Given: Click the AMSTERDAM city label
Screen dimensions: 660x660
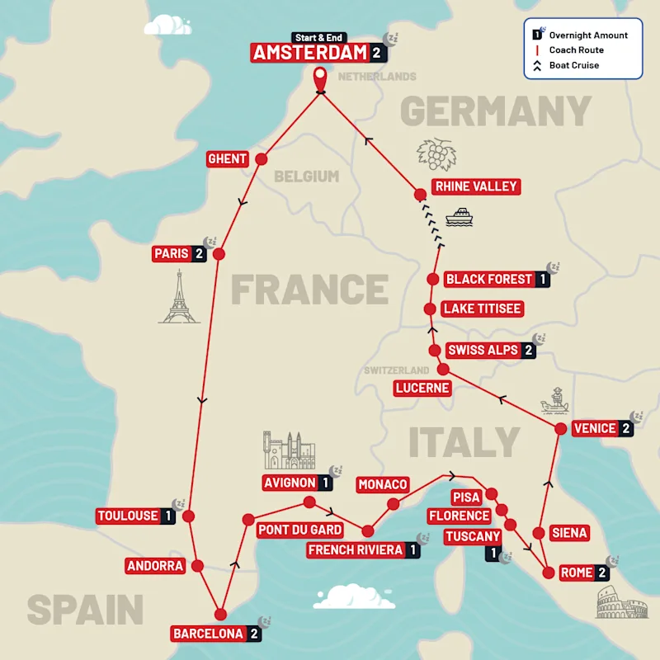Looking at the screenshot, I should (x=309, y=54).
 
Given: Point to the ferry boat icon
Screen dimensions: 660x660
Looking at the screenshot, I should (x=460, y=217).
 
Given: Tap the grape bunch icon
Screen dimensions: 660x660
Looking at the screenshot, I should (x=436, y=154).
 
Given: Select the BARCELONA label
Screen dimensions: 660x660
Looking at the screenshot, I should (x=209, y=634).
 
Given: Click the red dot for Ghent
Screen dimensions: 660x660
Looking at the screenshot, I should (x=262, y=159).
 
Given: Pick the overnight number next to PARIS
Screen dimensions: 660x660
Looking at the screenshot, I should (x=200, y=254).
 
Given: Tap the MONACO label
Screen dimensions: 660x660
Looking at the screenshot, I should (x=382, y=484).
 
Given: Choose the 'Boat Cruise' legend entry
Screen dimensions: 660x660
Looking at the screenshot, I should (x=574, y=65).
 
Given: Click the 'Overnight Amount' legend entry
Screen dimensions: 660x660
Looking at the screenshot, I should (x=587, y=35).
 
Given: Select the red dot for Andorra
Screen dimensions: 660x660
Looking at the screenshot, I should (x=198, y=566).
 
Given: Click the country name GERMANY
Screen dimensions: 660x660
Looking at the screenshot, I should (x=496, y=111).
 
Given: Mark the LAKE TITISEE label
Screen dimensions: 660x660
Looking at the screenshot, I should (x=483, y=309).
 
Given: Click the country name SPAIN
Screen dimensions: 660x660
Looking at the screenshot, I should (x=85, y=610).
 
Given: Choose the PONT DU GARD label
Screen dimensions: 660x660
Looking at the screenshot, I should (x=299, y=530).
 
